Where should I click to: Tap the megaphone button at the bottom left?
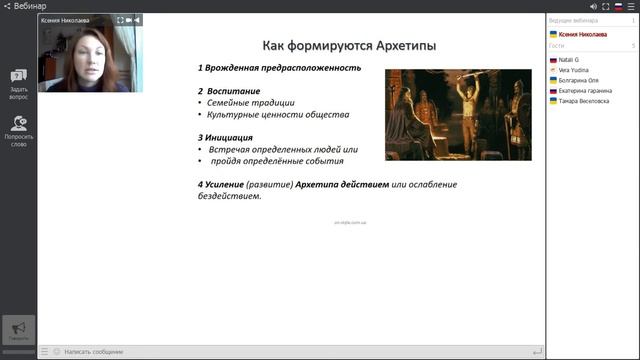18,330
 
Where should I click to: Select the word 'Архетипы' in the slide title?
404,45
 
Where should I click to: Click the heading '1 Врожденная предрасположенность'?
279,68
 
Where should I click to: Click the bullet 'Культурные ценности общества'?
264,114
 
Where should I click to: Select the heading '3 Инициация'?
225,137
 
